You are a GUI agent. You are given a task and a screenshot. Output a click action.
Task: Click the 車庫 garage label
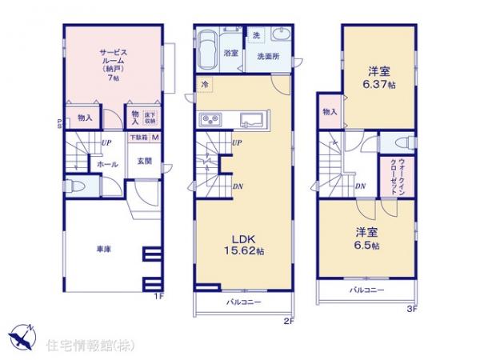[x=102, y=250]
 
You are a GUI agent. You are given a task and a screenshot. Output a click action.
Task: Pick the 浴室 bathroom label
[x=231, y=53]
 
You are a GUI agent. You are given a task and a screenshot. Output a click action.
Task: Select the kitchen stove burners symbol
[x=210, y=121]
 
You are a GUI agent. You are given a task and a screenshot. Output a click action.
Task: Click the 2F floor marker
[x=288, y=322]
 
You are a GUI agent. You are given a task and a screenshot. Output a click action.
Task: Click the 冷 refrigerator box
[x=205, y=84]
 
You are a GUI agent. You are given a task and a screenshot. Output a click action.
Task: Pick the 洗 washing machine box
[x=256, y=34]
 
